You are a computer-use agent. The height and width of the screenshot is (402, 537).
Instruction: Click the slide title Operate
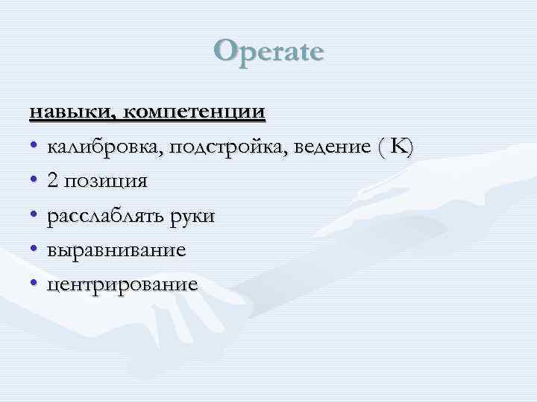coord(268,52)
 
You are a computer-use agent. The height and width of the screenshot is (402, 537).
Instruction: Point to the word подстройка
coord(230,147)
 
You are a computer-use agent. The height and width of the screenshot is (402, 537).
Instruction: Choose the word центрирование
coord(123,284)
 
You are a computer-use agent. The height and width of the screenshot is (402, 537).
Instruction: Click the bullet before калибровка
coord(34,147)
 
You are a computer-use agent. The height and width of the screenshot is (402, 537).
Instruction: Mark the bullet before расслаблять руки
coord(34,216)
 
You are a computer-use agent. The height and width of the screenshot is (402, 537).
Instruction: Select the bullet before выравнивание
coord(34,250)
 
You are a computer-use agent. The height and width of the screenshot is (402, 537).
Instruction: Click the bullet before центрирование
coord(34,284)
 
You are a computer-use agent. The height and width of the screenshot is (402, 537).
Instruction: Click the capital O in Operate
coord(225,51)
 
